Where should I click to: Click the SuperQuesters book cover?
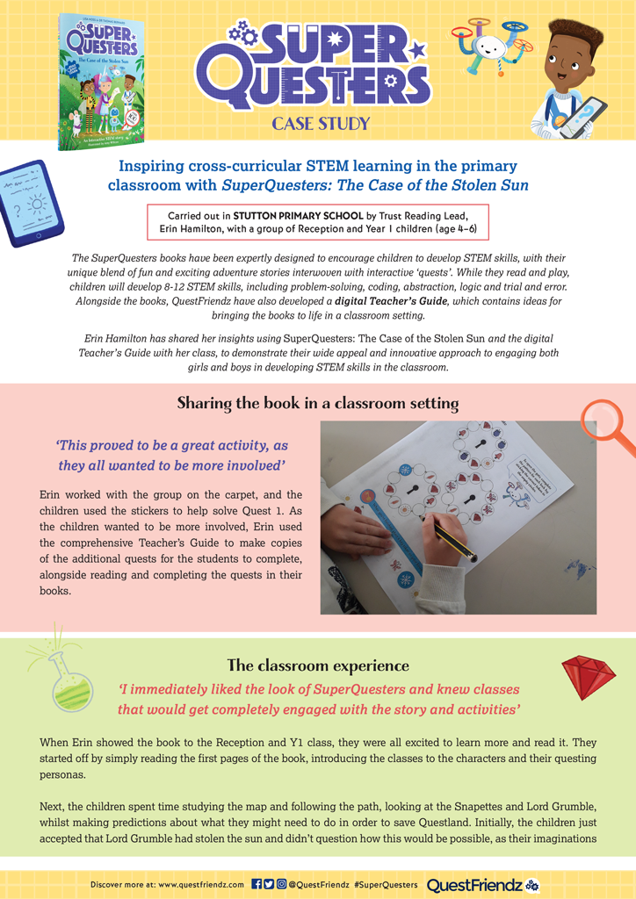pyautogui.click(x=98, y=81)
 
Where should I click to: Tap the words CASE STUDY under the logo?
pyautogui.click(x=320, y=123)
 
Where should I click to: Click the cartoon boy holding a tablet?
pyautogui.click(x=569, y=81)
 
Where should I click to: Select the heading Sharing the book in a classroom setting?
pyautogui.click(x=318, y=403)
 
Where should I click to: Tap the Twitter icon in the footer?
pyautogui.click(x=268, y=884)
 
